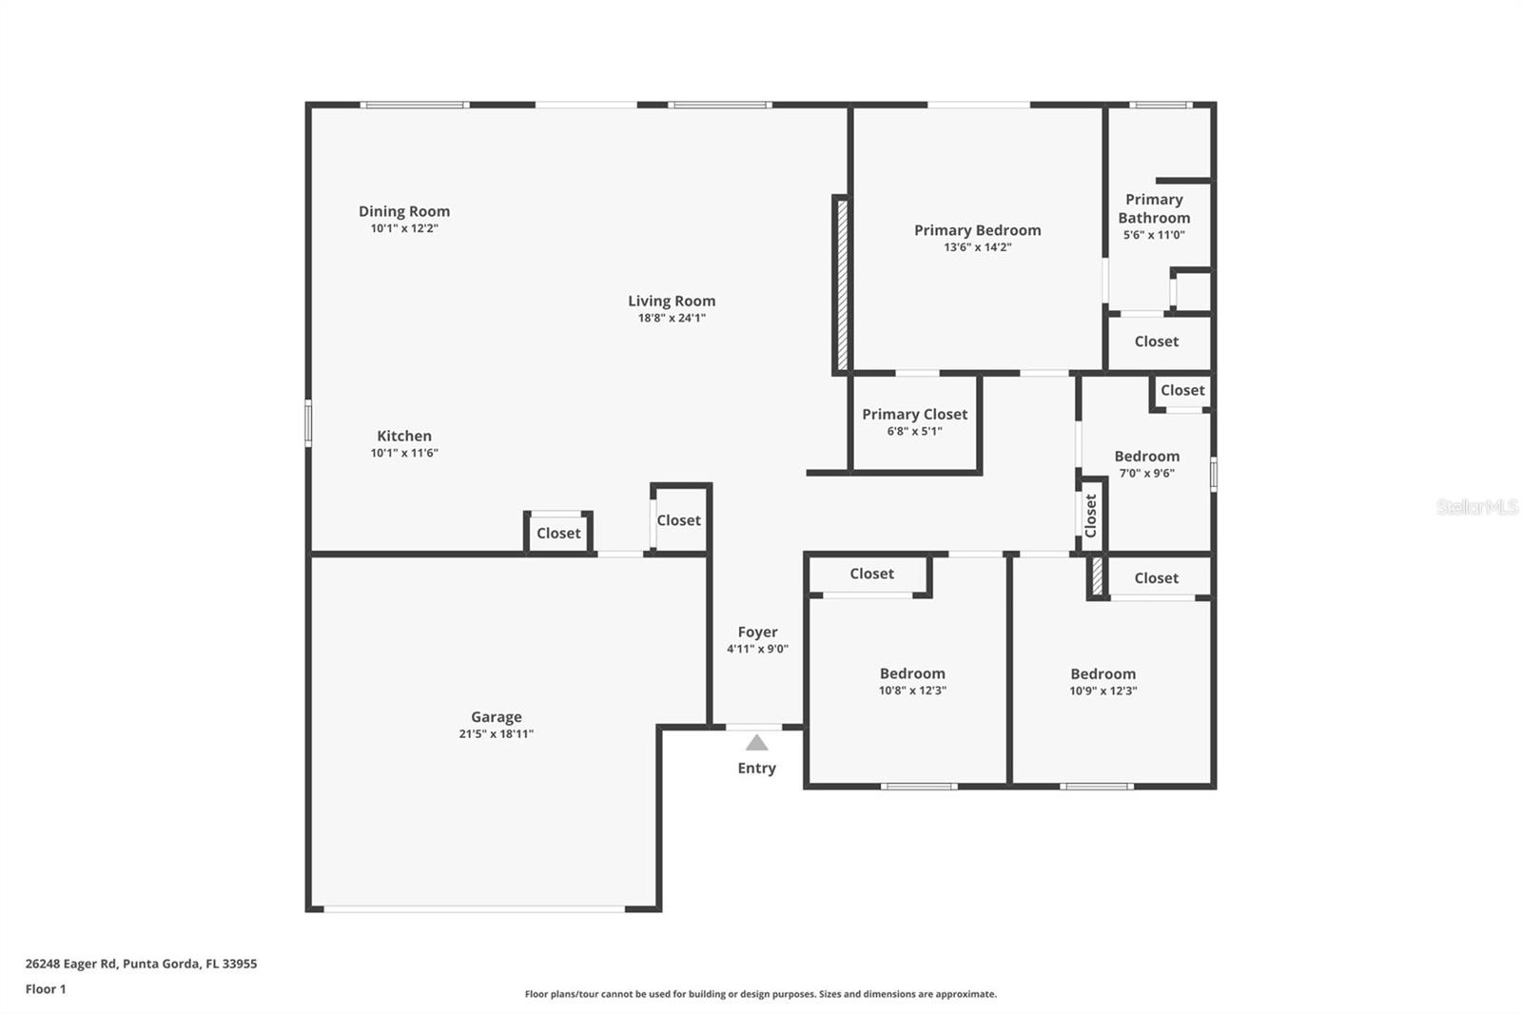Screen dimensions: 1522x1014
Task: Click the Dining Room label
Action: pyautogui.click(x=404, y=211)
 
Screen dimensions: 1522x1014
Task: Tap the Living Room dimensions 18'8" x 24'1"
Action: pyautogui.click(x=672, y=318)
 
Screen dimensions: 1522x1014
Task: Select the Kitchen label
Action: pyautogui.click(x=404, y=436)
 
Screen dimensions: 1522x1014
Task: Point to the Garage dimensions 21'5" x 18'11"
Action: pyautogui.click(x=496, y=734)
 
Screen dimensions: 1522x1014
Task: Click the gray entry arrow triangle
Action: pyautogui.click(x=756, y=743)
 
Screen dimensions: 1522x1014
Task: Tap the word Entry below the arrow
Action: pyautogui.click(x=756, y=768)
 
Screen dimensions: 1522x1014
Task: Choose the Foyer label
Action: pyautogui.click(x=757, y=632)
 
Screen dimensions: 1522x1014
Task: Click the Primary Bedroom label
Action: pyautogui.click(x=977, y=230)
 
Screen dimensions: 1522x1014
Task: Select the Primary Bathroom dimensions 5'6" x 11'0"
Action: pyautogui.click(x=1154, y=235)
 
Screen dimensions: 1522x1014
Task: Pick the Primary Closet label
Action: pyautogui.click(x=914, y=415)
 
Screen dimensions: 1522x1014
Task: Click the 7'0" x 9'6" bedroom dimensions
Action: pyautogui.click(x=1147, y=473)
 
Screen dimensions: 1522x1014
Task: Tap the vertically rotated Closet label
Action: pyautogui.click(x=1090, y=516)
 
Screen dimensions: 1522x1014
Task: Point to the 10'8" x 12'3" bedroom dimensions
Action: pyautogui.click(x=912, y=691)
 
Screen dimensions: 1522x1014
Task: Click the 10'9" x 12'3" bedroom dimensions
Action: pyautogui.click(x=1102, y=692)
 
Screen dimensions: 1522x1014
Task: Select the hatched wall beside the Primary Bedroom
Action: pyautogui.click(x=842, y=284)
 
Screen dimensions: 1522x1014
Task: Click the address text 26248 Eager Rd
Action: pyautogui.click(x=70, y=964)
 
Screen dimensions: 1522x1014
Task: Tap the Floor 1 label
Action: pyautogui.click(x=46, y=989)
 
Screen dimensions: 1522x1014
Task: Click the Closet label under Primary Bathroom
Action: pyautogui.click(x=1157, y=341)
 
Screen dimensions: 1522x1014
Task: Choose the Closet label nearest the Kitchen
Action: pyautogui.click(x=558, y=534)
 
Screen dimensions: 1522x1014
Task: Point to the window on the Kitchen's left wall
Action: pyautogui.click(x=308, y=422)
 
